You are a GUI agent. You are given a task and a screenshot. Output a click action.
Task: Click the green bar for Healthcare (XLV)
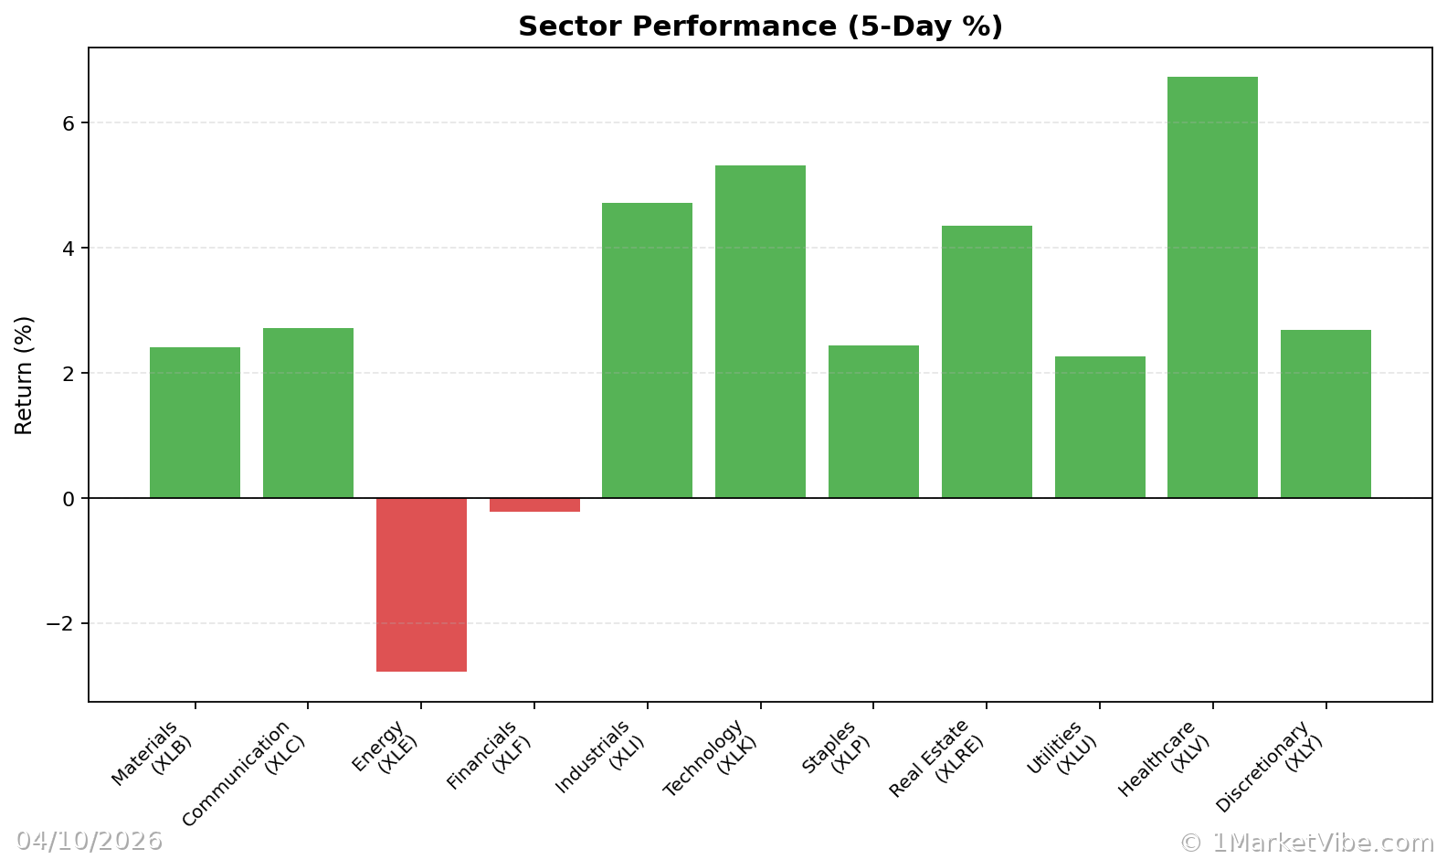pos(1212,287)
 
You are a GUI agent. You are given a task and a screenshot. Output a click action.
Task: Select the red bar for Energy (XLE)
pos(421,585)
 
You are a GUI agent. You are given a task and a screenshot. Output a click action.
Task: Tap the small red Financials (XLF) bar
pos(534,504)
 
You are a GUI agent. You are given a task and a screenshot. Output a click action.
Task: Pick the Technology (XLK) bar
pos(760,332)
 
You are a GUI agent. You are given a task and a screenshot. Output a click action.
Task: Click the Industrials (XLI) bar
pos(647,350)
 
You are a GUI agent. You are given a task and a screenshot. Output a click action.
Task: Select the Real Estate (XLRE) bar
pos(987,362)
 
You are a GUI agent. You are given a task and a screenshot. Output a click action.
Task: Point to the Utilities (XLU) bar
pos(1100,427)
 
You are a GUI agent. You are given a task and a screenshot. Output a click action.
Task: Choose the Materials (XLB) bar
pos(195,422)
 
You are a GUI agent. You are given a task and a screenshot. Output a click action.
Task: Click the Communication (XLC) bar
pos(308,413)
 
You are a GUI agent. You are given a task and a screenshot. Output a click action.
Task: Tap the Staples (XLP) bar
pos(873,421)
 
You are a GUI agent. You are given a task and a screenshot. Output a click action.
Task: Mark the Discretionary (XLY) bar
pos(1326,414)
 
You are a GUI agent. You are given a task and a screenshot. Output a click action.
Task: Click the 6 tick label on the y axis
pos(69,123)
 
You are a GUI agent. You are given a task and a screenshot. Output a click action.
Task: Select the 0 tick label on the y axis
pos(69,499)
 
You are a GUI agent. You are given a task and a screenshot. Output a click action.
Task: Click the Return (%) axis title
pos(24,375)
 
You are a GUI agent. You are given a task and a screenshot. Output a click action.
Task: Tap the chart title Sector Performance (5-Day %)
pos(760,27)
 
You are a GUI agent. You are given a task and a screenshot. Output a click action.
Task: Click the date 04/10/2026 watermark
pos(89,841)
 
